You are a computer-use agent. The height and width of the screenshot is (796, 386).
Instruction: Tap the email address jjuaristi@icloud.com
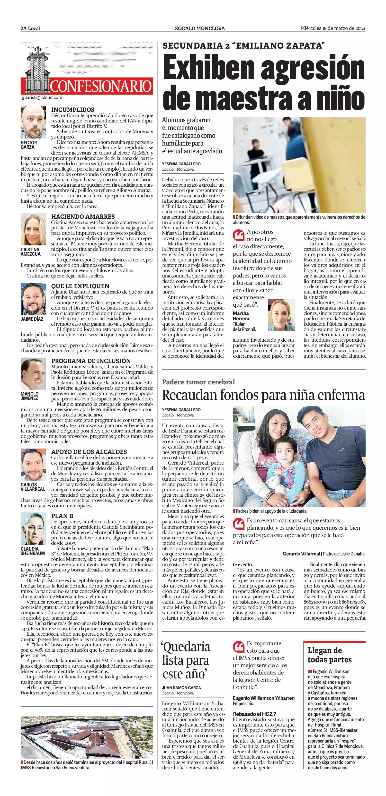click(42, 98)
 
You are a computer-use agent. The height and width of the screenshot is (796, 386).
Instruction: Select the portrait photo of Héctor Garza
click(33, 122)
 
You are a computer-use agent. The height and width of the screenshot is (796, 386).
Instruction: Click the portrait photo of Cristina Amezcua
click(33, 229)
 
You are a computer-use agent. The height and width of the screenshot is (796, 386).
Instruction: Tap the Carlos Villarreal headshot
click(33, 464)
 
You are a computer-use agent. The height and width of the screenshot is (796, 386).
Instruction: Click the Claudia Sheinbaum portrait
click(33, 528)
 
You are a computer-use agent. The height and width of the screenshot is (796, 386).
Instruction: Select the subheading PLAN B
click(62, 516)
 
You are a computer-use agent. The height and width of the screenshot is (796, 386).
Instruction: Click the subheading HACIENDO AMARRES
click(83, 216)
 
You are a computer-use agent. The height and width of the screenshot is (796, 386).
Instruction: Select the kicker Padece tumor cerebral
click(198, 382)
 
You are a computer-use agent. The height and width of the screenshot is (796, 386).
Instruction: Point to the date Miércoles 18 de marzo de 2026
click(333, 28)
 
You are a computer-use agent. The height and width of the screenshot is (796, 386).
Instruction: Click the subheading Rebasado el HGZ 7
click(254, 714)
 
